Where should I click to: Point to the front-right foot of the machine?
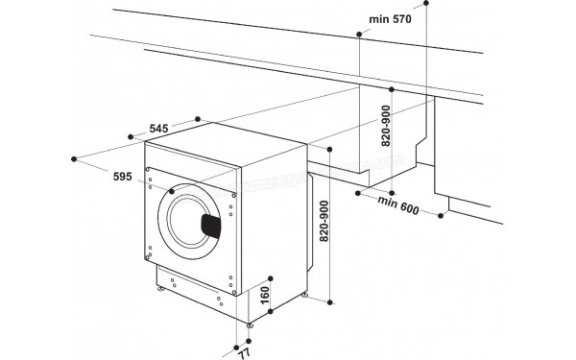(251, 325)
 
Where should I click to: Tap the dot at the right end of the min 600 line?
(444, 216)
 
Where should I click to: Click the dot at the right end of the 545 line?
(198, 119)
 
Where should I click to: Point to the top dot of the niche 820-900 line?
(392, 88)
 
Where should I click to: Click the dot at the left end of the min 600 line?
(355, 192)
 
